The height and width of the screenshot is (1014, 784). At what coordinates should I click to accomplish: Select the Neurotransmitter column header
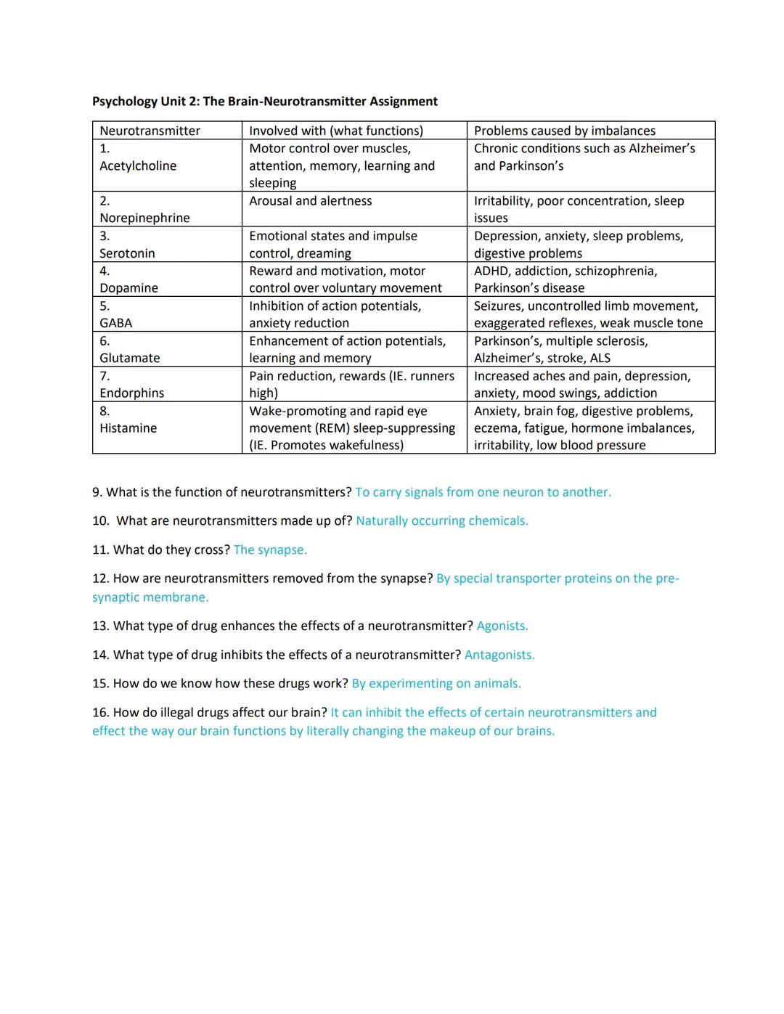click(x=150, y=131)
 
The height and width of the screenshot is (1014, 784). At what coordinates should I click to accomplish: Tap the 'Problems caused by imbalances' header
click(x=564, y=131)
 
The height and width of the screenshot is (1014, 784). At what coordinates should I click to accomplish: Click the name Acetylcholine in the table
click(x=138, y=165)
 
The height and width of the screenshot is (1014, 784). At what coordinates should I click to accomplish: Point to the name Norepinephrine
click(x=144, y=218)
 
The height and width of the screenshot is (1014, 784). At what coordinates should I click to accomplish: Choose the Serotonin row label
click(x=127, y=253)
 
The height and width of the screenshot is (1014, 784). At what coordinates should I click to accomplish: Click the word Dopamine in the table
click(x=128, y=288)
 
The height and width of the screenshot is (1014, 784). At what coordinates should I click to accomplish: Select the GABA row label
click(x=115, y=323)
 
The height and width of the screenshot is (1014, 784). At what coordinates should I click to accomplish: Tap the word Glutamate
click(x=129, y=358)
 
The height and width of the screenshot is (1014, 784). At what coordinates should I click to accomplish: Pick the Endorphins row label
click(x=131, y=393)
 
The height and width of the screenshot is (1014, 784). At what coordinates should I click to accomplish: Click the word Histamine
click(x=128, y=428)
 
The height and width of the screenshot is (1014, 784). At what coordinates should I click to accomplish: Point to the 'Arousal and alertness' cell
click(x=310, y=201)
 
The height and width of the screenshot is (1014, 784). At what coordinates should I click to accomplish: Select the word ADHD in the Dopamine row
click(x=491, y=271)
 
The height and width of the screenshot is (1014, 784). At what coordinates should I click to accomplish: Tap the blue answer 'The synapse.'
click(x=270, y=550)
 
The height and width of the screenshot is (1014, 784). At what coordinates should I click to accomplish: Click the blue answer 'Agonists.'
click(x=502, y=626)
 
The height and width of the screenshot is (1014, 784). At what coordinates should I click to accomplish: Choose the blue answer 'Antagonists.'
click(x=499, y=655)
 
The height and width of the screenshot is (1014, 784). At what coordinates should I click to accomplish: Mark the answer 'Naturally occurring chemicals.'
click(x=441, y=521)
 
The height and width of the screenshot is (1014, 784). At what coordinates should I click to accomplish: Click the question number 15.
click(x=100, y=684)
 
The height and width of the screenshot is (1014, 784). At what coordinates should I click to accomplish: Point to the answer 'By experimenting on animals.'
click(x=436, y=684)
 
